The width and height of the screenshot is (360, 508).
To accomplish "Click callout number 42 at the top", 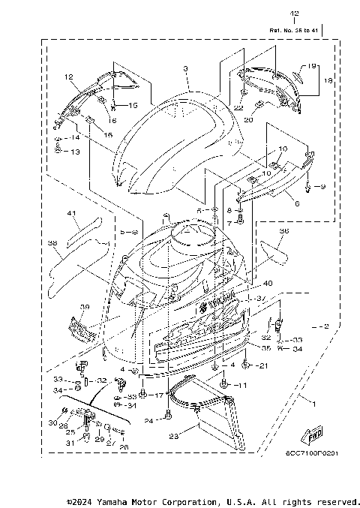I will [293, 14].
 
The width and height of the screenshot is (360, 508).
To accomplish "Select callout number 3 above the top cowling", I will [185, 68].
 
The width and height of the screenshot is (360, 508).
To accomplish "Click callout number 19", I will [312, 66].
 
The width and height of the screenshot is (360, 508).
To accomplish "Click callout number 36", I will [283, 231].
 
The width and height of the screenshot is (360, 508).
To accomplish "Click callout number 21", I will [262, 365].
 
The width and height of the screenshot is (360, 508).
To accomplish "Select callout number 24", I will [149, 421].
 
